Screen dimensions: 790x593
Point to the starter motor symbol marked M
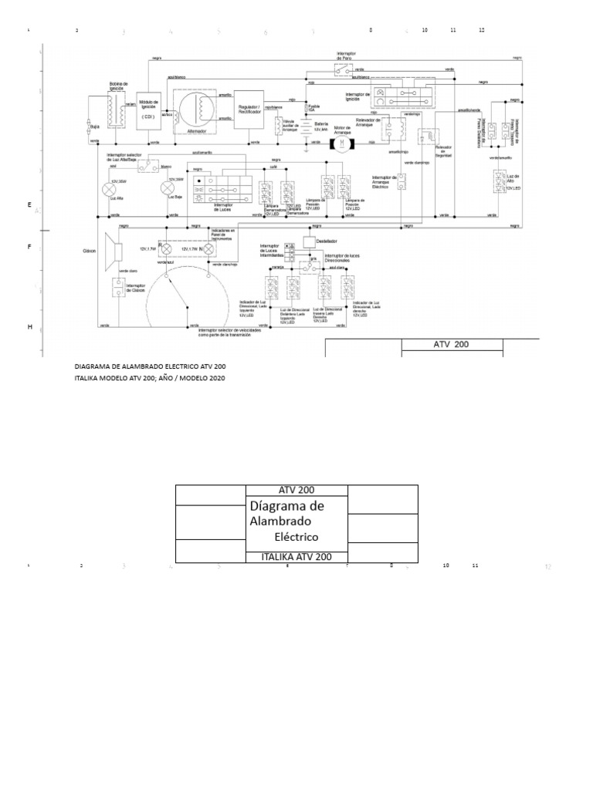341,143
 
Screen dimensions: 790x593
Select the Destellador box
309,242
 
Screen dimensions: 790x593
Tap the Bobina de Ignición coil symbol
117,112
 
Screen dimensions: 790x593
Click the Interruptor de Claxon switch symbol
117,286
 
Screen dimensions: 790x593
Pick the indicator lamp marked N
207,248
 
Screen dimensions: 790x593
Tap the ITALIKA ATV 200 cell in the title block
296,556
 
